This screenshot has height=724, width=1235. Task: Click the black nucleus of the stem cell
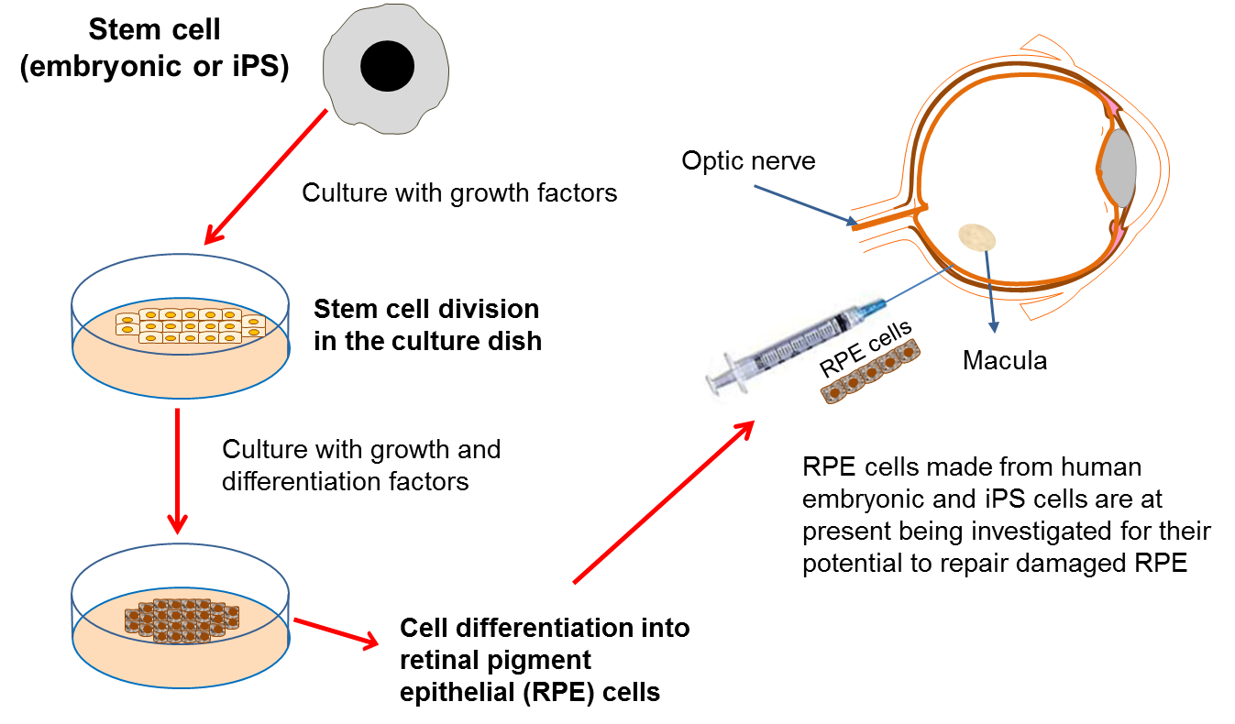[388, 66]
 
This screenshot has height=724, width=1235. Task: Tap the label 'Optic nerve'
[748, 161]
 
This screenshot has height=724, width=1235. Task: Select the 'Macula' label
[1004, 361]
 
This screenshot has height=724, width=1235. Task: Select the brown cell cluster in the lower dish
[182, 620]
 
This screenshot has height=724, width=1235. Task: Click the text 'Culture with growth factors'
[459, 193]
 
